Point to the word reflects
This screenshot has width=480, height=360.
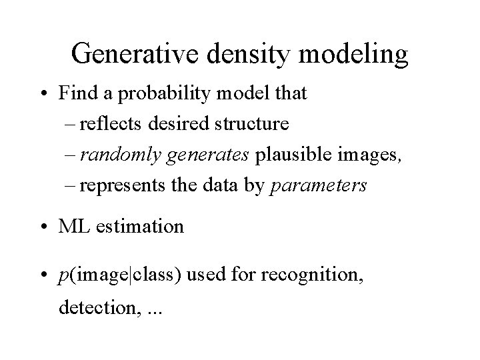[x=117, y=125]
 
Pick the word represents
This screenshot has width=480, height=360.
[x=129, y=186]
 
